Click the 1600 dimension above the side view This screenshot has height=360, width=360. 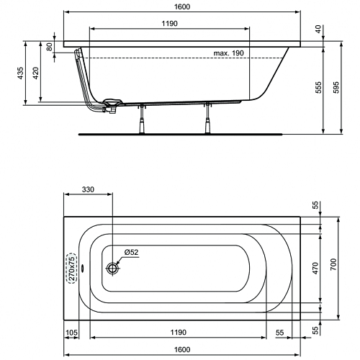[x=182, y=6]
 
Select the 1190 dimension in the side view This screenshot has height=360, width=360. [x=169, y=24]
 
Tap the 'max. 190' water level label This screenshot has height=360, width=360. [x=228, y=53]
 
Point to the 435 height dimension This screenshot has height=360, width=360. [x=20, y=73]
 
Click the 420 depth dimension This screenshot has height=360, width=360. [x=35, y=73]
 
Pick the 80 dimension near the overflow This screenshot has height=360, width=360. [x=49, y=47]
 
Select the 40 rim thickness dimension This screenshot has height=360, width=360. [x=318, y=29]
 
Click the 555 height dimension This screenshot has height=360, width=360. [x=318, y=87]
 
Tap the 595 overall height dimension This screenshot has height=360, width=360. [x=336, y=87]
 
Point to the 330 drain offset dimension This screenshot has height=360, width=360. [x=88, y=189]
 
